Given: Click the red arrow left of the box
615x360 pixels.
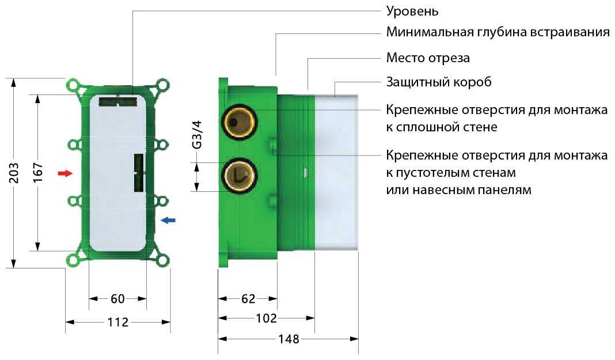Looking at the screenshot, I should point(66,173).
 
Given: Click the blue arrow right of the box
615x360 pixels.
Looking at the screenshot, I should point(168,220).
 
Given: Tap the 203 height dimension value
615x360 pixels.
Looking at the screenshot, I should point(14,173).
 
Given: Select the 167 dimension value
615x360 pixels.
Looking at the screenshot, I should point(38,173).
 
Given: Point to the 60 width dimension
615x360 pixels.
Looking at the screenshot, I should point(117,298).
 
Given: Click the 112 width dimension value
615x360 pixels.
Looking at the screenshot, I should point(117,322).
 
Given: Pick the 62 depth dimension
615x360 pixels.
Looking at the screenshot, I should point(248,298).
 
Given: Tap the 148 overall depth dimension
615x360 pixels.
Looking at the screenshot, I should point(288,339).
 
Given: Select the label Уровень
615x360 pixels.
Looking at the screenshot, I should point(412,10).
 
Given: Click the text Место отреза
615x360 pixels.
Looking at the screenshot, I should point(428,58).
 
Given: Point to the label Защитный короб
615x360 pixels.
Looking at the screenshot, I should point(439,82).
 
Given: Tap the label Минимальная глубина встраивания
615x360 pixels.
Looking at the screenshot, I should point(498,32).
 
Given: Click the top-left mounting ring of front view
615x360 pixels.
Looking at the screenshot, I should point(73,86).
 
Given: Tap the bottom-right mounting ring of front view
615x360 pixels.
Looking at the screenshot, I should point(163,260).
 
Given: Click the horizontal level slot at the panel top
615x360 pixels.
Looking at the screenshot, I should point(117,101).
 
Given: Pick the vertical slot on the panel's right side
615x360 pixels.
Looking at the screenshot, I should point(138,173).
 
